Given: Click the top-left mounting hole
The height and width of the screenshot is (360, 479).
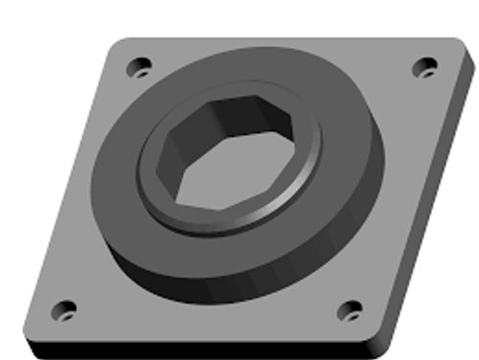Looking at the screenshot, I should click(140, 68).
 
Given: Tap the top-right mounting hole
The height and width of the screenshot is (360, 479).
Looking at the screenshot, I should click(424, 67).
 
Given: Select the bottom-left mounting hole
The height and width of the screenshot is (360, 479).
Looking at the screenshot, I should click(63, 308).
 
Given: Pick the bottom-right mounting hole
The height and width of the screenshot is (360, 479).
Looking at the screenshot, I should click(352, 309).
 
